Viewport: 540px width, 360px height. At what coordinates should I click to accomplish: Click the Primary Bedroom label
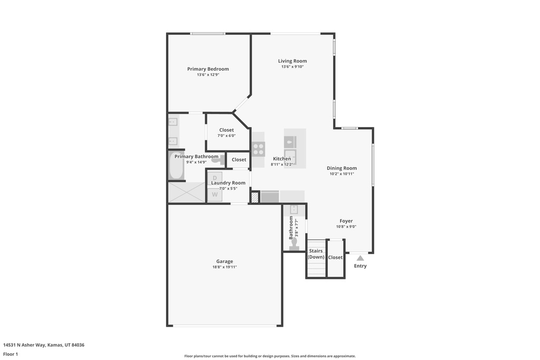point(208,69)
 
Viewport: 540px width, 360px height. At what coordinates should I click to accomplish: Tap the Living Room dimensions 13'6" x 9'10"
point(292,67)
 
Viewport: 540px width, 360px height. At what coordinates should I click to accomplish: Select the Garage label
point(225,261)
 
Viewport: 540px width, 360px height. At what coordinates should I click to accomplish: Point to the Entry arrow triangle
point(360,258)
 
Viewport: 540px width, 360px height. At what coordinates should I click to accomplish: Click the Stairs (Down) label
point(316,254)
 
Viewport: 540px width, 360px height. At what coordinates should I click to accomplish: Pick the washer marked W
point(215,194)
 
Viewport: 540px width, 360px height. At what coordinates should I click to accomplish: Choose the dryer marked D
point(215,178)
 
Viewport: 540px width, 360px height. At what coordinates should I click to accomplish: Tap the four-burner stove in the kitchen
point(258,149)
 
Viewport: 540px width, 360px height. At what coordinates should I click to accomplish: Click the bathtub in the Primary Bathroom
point(176,166)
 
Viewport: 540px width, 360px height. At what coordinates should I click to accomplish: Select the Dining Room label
point(342,168)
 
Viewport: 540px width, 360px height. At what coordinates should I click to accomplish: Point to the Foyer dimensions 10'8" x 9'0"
point(346,227)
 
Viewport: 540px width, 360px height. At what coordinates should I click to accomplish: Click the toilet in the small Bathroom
point(294,244)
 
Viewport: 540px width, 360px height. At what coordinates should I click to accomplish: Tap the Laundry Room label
point(228,183)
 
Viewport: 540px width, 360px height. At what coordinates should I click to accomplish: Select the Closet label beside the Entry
point(335,257)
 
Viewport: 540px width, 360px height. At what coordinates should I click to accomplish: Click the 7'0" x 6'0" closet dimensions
point(226,135)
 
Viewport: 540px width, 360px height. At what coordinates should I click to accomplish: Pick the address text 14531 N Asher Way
point(24,345)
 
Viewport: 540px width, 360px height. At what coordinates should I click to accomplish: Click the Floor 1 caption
point(11,354)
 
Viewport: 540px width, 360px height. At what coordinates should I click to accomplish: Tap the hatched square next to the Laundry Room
point(255,197)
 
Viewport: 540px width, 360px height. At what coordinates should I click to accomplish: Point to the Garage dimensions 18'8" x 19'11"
point(225,267)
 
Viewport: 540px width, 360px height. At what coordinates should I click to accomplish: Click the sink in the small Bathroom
point(294,210)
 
